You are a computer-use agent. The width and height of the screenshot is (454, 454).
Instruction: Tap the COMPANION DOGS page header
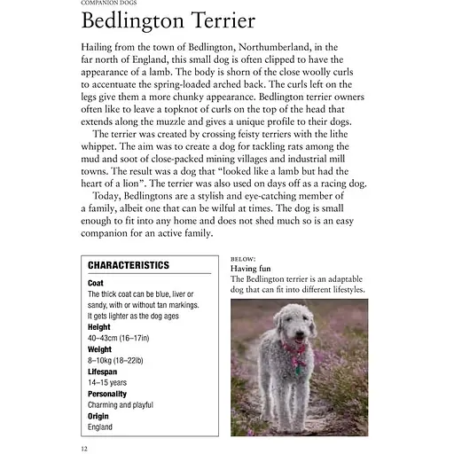coord(107,4)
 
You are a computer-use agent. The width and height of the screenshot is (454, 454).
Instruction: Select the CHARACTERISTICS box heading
coord(129,265)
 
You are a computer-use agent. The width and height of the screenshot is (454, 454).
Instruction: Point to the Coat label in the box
coord(96,283)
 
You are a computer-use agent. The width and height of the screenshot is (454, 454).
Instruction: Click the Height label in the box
coord(99,327)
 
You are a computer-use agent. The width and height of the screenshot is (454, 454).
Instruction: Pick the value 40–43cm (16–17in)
coord(119,338)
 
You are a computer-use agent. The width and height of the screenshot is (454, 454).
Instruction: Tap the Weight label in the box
coord(100,349)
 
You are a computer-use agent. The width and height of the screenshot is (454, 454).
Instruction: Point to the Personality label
coord(107,394)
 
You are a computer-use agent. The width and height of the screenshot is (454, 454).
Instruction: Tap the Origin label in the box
coord(98,416)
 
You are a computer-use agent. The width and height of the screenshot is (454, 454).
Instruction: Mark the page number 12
coord(83,447)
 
